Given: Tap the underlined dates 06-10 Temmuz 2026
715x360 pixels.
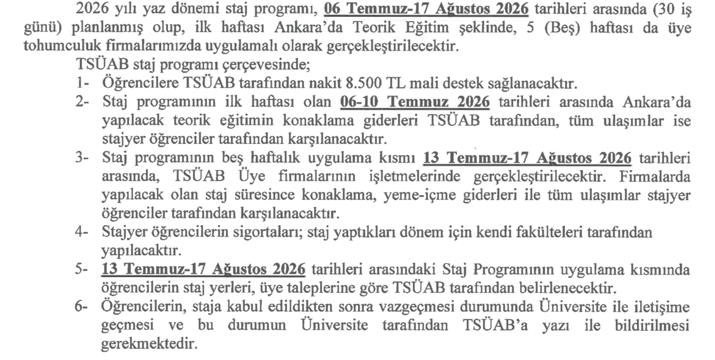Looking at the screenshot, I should pos(415,102).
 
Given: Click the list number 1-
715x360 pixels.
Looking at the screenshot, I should pos(83,84).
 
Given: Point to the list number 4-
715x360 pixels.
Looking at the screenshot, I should pos(83,233).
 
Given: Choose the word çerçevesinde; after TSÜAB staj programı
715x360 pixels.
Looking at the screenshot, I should pos(271,65).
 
